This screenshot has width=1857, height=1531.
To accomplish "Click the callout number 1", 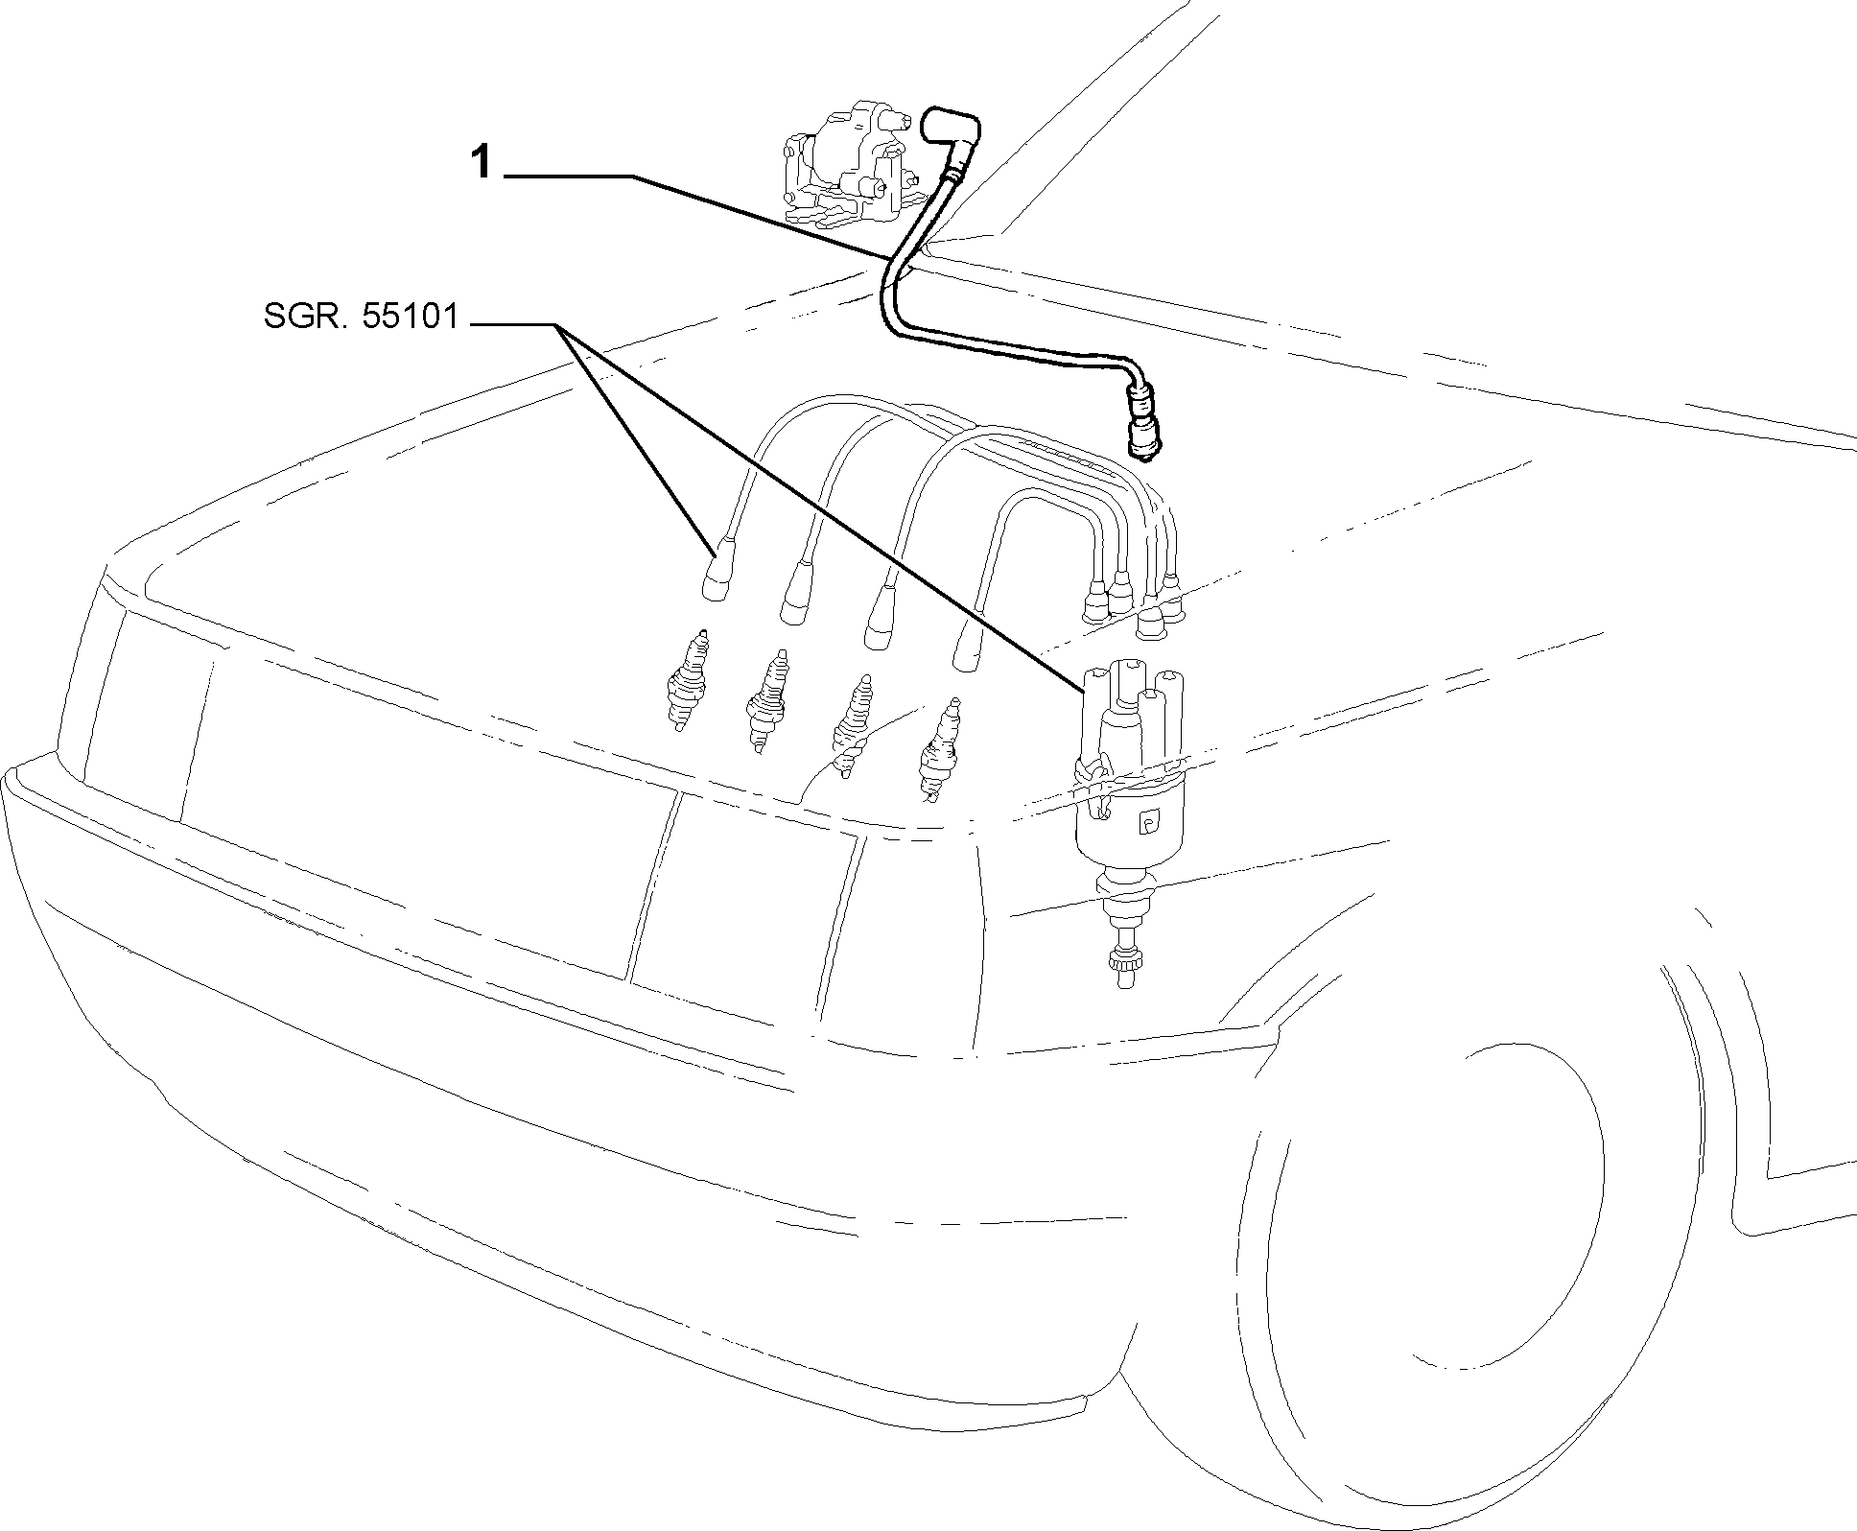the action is tap(481, 164).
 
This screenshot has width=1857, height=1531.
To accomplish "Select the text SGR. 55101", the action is tap(362, 317).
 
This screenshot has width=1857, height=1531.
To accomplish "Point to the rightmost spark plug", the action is tap(938, 750).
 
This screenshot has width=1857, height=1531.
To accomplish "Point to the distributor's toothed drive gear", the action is tap(1121, 961).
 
